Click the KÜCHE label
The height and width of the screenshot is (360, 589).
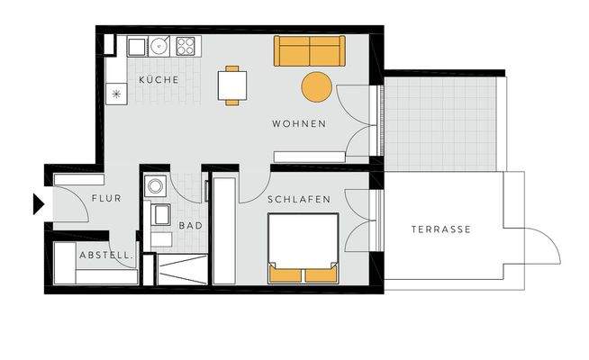point(159,80)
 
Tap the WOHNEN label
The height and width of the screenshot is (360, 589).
point(298,123)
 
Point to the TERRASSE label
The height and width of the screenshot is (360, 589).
point(441,229)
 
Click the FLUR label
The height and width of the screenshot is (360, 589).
point(106,199)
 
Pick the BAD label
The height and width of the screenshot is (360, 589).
point(190,226)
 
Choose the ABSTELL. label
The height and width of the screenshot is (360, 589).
point(107,256)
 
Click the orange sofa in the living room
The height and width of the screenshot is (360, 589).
point(309,51)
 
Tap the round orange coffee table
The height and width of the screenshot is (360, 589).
point(317,87)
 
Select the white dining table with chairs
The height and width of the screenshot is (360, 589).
point(232,85)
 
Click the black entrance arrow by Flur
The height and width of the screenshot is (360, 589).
point(38,204)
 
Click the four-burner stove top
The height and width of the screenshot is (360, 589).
point(187,46)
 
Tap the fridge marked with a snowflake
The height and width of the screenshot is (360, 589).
point(116,94)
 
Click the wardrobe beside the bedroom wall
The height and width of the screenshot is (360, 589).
point(223,230)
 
